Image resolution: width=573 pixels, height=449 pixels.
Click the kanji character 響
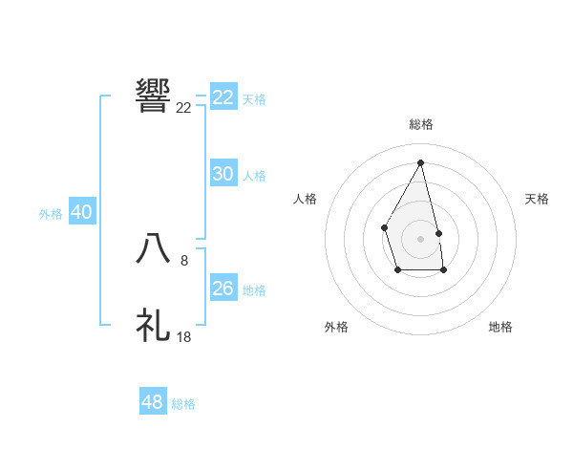154,96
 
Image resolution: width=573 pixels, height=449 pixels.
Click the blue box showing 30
223,174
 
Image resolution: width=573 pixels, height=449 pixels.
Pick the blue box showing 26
223,289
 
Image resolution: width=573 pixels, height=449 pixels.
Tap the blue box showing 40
81,212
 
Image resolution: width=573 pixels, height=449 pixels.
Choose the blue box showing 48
153,402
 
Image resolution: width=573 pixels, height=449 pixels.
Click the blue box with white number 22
223,97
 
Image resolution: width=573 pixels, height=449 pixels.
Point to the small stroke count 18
184,337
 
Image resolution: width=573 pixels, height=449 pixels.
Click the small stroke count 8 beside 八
184,261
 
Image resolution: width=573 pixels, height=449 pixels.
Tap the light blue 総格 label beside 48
183,404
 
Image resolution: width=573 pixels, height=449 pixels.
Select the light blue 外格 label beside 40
51,214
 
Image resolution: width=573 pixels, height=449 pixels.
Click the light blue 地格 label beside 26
254,290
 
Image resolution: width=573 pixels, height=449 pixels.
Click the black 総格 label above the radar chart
420,124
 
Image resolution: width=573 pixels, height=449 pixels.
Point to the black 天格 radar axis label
538,199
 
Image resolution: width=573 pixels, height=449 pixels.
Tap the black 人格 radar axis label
306,199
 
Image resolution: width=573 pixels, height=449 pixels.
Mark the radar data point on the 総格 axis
420,162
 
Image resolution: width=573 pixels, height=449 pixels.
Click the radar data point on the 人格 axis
384,226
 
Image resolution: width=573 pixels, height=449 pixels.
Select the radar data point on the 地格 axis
443,271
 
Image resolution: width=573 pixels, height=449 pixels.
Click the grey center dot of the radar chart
420,238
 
